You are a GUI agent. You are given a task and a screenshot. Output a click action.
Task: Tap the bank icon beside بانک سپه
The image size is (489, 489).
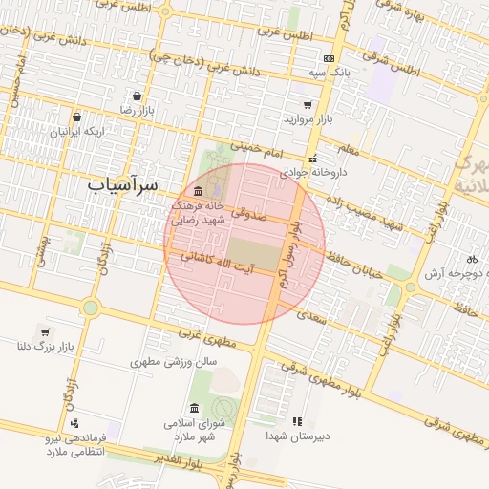[x=330, y=59]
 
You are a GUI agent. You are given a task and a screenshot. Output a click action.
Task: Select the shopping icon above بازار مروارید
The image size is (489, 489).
[x=308, y=105]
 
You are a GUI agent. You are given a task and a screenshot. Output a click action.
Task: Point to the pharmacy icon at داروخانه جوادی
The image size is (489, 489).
[x=311, y=159]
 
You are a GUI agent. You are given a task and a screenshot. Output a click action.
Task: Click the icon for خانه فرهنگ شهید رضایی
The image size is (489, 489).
[x=198, y=191]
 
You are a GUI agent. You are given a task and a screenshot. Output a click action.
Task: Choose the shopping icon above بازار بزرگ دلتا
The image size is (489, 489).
[x=44, y=332]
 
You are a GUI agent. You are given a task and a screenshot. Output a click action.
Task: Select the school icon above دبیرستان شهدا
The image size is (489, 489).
[x=297, y=420]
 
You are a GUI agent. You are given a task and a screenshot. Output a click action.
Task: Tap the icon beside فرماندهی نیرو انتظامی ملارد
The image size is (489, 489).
[x=74, y=423]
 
